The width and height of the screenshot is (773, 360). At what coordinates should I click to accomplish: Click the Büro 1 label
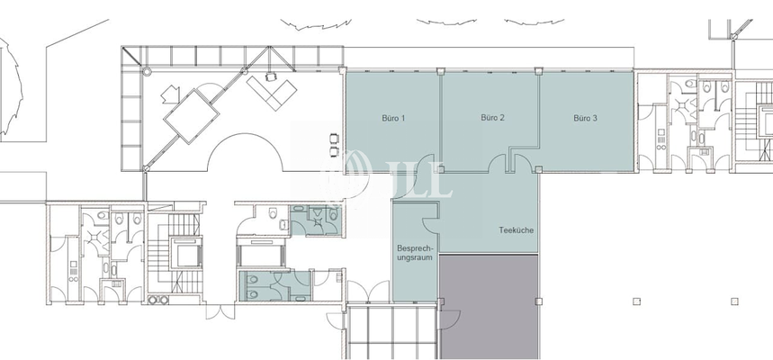pos(393,119)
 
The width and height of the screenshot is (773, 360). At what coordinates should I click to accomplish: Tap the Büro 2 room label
pos(492,118)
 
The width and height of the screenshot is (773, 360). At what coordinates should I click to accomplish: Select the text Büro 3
pos(585,119)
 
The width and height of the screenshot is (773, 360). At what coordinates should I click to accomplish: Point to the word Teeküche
pos(517,230)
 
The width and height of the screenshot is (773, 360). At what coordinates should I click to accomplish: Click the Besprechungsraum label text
pos(415,253)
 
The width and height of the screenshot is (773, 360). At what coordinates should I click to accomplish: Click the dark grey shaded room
pos(489,306)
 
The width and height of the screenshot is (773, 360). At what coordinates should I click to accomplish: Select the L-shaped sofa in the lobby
pos(272,92)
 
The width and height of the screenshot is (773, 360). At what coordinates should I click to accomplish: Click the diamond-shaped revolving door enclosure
pos(192,117)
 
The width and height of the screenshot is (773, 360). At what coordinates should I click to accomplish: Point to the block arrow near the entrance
pos(171,94)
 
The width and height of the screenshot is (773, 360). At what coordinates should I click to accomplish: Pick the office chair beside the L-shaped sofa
pos(270,76)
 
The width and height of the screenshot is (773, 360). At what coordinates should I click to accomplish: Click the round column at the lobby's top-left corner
pos(147,72)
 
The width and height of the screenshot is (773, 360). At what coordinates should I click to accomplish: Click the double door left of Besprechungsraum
pos(368,291)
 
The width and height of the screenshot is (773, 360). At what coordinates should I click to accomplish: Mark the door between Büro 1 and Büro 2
pos(426,163)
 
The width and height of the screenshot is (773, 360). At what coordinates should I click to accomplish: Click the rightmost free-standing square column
pos(734,301)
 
